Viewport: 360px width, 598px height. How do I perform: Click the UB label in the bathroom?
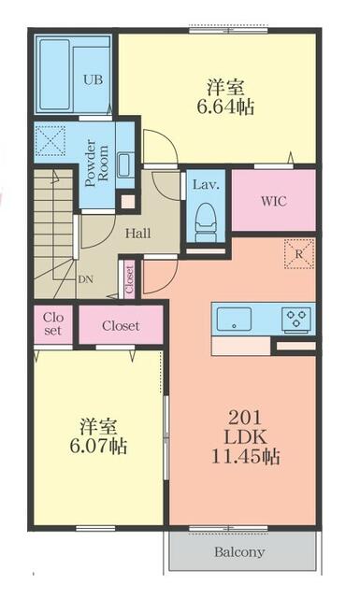pyautogui.click(x=93, y=80)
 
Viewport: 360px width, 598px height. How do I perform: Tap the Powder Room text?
pyautogui.click(x=96, y=164)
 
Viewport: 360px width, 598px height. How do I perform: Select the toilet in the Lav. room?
pyautogui.click(x=206, y=222)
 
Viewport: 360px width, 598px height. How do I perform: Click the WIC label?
pyautogui.click(x=274, y=201)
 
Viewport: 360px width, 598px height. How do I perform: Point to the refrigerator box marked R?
pyautogui.click(x=299, y=254)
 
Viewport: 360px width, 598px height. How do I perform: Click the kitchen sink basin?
pyautogui.click(x=234, y=319)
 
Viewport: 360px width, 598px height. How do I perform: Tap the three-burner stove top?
pyautogui.click(x=296, y=319)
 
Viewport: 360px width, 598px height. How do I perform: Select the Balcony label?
pyautogui.click(x=239, y=552)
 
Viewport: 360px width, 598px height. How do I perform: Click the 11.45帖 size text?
pyautogui.click(x=246, y=457)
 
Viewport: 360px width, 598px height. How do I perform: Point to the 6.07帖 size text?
pyautogui.click(x=98, y=445)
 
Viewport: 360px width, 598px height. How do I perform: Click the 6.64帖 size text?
pyautogui.click(x=225, y=107)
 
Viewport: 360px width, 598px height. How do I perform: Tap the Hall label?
pyautogui.click(x=137, y=234)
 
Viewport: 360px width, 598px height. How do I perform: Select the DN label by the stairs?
pyautogui.click(x=85, y=279)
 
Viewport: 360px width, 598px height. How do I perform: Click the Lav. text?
pyautogui.click(x=206, y=185)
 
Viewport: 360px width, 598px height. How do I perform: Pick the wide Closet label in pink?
pyautogui.click(x=121, y=326)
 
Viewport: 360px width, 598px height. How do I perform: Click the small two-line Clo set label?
pyautogui.click(x=53, y=323)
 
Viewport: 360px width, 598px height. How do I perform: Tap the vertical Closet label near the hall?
pyautogui.click(x=130, y=280)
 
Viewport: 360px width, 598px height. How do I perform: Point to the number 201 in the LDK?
pyautogui.click(x=245, y=419)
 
